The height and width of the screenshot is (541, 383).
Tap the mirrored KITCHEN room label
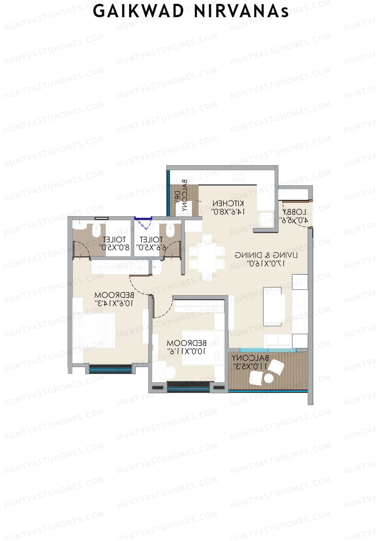[228, 203]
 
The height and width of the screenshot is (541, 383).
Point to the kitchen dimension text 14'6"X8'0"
[228, 211]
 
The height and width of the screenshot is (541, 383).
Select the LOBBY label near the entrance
[294, 212]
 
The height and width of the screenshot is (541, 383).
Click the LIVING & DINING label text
[266, 255]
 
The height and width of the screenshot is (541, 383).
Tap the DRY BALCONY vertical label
[181, 197]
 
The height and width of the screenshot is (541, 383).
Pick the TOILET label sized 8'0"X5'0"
[114, 239]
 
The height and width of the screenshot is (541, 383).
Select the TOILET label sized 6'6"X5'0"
[151, 239]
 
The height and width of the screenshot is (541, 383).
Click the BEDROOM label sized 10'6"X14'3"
[114, 295]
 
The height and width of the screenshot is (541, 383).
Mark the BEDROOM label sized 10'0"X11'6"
[186, 343]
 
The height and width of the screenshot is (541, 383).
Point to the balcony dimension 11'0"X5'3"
[250, 366]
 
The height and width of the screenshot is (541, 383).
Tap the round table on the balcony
[269, 378]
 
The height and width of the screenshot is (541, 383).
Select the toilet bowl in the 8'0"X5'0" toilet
[96, 230]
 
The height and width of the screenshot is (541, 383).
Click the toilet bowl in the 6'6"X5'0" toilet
[170, 230]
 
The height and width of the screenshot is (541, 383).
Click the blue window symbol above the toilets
[143, 219]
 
